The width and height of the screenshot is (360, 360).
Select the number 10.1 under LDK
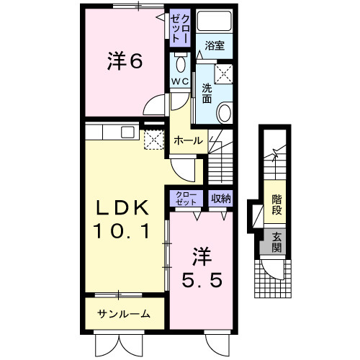[122, 232]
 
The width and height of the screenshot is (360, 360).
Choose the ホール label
[189, 140]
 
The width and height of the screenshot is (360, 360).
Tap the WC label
[180, 81]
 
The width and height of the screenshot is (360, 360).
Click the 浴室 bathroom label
[215, 45]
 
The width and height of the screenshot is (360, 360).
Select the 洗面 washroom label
[207, 93]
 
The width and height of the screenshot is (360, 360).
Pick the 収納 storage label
[220, 197]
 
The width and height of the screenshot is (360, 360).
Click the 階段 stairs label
[276, 204]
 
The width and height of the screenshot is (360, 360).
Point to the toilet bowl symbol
[180, 60]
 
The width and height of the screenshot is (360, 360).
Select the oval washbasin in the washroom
[225, 113]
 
